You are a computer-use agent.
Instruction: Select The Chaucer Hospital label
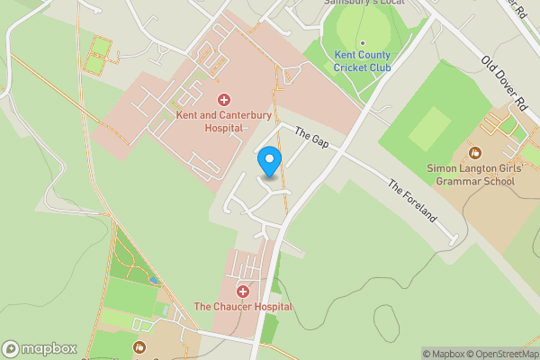(244, 307)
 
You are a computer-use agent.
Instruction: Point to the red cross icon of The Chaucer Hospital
(243, 291)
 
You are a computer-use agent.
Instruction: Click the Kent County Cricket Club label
(362, 61)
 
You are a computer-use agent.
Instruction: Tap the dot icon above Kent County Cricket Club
(362, 42)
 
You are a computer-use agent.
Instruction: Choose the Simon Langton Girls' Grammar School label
(472, 175)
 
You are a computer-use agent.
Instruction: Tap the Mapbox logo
(39, 348)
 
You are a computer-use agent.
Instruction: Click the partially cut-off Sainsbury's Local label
(364, 3)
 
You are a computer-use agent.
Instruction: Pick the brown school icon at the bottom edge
(139, 347)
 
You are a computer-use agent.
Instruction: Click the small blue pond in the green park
(156, 281)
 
